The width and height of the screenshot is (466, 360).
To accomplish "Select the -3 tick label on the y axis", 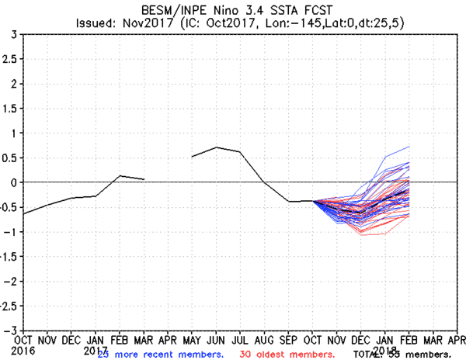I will [11, 330].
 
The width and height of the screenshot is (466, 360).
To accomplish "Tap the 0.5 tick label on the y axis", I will [10, 157].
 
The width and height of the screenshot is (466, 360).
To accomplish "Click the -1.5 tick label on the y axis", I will [7, 256].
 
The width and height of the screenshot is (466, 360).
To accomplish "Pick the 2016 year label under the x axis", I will [23, 350].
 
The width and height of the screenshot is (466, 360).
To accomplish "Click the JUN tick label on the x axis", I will [216, 340].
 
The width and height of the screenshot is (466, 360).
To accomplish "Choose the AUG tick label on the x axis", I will [265, 340].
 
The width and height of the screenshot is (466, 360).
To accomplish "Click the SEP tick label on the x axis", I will [289, 340].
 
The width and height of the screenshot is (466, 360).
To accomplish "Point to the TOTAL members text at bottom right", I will [403, 354].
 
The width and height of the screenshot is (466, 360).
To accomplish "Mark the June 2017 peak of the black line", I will [217, 147].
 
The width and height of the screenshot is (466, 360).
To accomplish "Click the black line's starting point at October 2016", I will [23, 214].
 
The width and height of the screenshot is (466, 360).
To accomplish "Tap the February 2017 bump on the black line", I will [120, 176].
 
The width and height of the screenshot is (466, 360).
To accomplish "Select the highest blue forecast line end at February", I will [409, 147].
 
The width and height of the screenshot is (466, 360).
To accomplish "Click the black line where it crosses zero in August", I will [265, 182].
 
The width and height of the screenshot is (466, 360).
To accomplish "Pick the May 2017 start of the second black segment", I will [192, 157].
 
